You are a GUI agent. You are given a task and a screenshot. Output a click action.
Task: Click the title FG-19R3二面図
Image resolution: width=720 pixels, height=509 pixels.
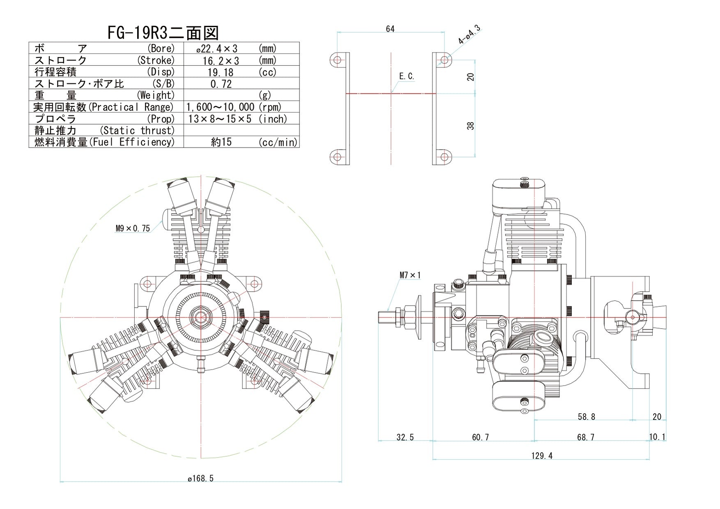pyautogui.click(x=163, y=33)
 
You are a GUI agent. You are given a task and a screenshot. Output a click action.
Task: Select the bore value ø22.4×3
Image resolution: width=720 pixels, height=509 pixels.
pyautogui.click(x=217, y=49)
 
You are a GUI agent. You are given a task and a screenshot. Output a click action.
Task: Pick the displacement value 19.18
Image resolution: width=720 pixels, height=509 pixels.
pyautogui.click(x=221, y=72)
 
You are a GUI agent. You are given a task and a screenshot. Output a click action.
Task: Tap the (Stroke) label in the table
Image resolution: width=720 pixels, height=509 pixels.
pyautogui.click(x=156, y=60)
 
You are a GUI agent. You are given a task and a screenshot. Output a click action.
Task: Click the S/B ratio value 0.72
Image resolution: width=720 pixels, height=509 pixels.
pyautogui.click(x=221, y=84)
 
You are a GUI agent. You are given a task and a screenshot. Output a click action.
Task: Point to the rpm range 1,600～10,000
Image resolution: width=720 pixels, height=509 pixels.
pyautogui.click(x=220, y=107)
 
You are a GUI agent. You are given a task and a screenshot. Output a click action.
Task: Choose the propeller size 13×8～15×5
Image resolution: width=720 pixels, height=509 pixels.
pyautogui.click(x=220, y=119)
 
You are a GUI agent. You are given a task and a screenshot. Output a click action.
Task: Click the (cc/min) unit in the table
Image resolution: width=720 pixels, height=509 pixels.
pyautogui.click(x=278, y=143)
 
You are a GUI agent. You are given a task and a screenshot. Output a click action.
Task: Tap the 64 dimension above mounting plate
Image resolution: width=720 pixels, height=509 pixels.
pyautogui.click(x=390, y=29)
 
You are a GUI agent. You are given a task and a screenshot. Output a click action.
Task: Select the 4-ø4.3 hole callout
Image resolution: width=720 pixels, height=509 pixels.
pyautogui.click(x=469, y=35)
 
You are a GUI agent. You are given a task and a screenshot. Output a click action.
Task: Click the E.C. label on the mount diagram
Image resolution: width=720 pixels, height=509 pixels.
pyautogui.click(x=407, y=76)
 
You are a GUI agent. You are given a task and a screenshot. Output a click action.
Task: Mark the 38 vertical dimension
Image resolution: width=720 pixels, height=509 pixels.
pyautogui.click(x=471, y=126)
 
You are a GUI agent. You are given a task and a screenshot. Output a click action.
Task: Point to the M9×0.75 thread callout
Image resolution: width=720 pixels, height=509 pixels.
pyautogui.click(x=133, y=228)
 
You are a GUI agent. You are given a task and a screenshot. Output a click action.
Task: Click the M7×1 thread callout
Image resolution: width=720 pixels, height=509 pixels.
pyautogui.click(x=410, y=275)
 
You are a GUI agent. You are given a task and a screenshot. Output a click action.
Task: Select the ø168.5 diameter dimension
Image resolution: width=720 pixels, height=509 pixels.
pyautogui.click(x=200, y=479)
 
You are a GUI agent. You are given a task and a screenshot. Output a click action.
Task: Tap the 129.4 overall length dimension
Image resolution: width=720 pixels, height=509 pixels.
pyautogui.click(x=541, y=456)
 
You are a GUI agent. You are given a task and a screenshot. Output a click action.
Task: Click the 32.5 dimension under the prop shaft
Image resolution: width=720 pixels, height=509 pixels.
pyautogui.click(x=405, y=438)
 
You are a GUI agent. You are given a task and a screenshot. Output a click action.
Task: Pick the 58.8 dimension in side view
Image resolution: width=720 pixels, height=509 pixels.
pyautogui.click(x=586, y=417)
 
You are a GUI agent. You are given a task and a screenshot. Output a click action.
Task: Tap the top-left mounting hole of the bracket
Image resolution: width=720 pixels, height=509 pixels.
pyautogui.click(x=337, y=60)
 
